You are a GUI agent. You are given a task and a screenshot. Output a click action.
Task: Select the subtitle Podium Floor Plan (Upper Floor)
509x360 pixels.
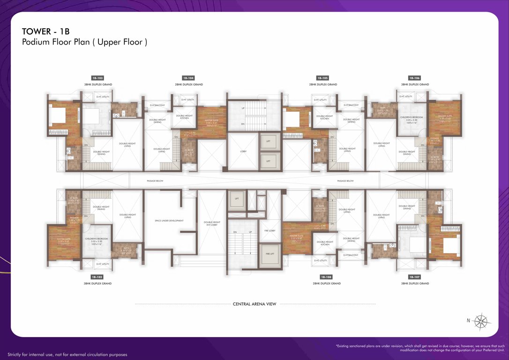click(85, 42)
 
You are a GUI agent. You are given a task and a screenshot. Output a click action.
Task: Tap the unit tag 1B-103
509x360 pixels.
click(98, 78)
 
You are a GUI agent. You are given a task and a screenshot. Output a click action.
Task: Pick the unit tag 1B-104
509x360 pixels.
click(188, 78)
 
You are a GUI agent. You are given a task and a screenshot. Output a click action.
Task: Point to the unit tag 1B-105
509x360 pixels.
click(322, 78)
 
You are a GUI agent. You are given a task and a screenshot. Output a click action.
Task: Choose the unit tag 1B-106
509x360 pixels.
click(414, 78)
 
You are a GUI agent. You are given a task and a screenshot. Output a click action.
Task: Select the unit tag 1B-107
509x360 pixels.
click(414, 277)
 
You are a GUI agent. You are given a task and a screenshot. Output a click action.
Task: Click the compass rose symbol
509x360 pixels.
click(481, 321)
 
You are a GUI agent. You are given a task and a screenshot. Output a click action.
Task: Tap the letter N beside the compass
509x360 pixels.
click(468, 321)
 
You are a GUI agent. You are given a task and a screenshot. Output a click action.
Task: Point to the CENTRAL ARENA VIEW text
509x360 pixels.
click(254, 304)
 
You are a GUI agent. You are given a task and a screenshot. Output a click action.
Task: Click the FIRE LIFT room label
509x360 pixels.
click(269, 254)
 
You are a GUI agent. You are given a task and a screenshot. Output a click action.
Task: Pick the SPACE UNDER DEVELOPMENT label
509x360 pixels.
click(169, 220)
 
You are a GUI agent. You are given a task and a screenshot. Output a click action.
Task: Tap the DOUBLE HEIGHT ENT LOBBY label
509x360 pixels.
click(212, 224)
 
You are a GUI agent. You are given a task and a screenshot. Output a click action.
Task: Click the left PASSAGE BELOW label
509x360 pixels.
click(154, 180)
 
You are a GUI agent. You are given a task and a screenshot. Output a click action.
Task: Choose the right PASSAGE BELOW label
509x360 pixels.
click(345, 180)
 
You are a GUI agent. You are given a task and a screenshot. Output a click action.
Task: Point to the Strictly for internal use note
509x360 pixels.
click(67, 354)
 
